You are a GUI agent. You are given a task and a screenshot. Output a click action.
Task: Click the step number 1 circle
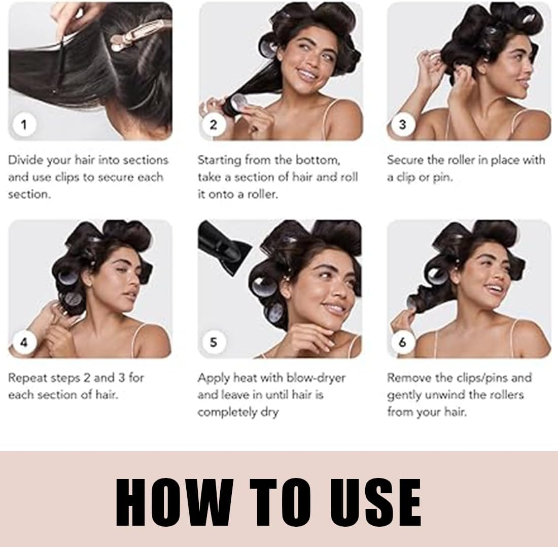click(x=24, y=124)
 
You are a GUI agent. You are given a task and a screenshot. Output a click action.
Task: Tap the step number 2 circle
click(x=213, y=124)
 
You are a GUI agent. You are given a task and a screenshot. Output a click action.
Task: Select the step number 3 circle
click(x=402, y=124)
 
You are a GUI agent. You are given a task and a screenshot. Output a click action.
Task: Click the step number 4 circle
click(x=24, y=342)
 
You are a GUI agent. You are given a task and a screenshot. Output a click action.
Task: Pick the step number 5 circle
click(x=213, y=342)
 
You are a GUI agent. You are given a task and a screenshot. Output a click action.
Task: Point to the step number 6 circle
click(x=402, y=342)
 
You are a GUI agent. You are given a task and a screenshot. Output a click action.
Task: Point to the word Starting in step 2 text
click(x=219, y=160)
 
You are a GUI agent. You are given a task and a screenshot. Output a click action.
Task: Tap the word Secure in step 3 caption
click(x=404, y=160)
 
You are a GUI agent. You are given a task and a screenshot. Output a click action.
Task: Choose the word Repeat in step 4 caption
click(x=26, y=378)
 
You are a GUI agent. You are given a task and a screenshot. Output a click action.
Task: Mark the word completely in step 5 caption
click(x=227, y=413)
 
